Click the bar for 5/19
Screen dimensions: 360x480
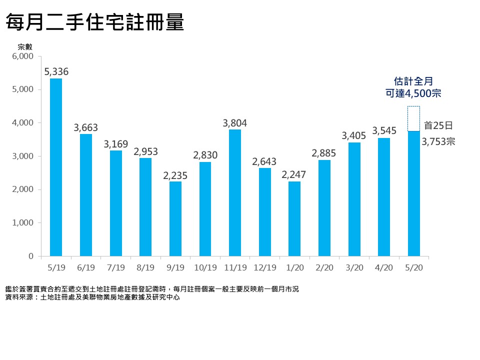(56, 167)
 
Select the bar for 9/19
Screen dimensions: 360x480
(175, 219)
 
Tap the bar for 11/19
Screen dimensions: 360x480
(235, 193)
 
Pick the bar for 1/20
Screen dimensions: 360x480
(294, 219)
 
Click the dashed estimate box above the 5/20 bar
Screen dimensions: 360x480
(413, 118)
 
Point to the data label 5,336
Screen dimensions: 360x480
(56, 72)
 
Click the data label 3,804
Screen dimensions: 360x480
(235, 123)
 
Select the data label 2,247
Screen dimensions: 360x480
(294, 175)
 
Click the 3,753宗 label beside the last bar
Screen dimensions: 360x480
(438, 142)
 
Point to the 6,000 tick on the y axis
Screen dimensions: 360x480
(23, 56)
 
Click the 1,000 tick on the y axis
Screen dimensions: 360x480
(23, 223)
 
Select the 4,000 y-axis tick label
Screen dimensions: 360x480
(23, 123)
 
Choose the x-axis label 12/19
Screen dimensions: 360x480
(264, 267)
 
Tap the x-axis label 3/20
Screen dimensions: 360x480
(354, 267)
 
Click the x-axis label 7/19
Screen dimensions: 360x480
(115, 267)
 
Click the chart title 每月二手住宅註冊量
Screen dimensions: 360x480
(94, 23)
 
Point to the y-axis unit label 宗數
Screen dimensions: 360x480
(24, 46)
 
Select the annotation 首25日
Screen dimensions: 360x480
(438, 125)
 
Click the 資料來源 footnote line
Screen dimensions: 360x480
(92, 297)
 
